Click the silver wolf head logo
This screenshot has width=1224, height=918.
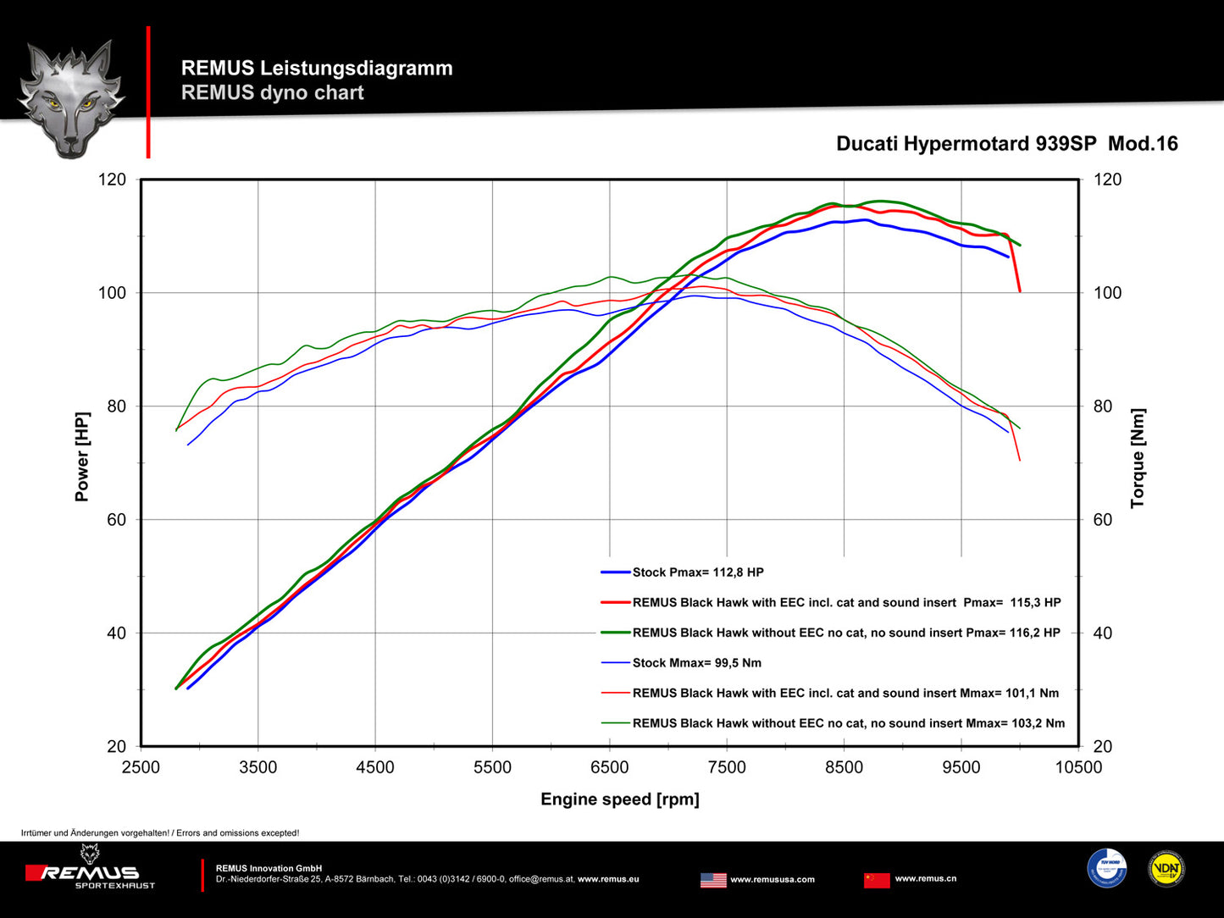[71, 97]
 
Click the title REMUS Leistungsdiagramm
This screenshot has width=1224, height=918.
[317, 68]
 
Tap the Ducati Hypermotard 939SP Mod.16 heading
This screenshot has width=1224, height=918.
[1006, 144]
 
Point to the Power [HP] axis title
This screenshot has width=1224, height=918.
[82, 456]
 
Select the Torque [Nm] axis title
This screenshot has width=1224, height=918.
[1138, 458]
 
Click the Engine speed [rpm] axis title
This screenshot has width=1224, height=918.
[619, 799]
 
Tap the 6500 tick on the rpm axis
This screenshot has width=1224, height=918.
[609, 767]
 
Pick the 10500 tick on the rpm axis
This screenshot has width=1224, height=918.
[1077, 767]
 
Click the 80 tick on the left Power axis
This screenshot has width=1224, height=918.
[116, 406]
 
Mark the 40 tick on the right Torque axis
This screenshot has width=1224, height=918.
[1102, 633]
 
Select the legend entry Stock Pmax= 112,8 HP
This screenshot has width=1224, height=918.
[698, 572]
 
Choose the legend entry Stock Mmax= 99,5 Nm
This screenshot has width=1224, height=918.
[696, 663]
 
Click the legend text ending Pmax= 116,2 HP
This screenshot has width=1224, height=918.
[845, 633]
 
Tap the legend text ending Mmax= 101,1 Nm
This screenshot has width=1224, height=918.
[845, 693]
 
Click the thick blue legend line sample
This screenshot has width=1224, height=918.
[615, 572]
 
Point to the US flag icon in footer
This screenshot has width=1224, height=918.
[713, 880]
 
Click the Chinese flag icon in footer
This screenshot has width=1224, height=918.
[877, 880]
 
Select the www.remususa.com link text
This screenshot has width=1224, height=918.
[772, 879]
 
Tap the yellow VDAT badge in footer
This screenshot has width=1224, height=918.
[1166, 869]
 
